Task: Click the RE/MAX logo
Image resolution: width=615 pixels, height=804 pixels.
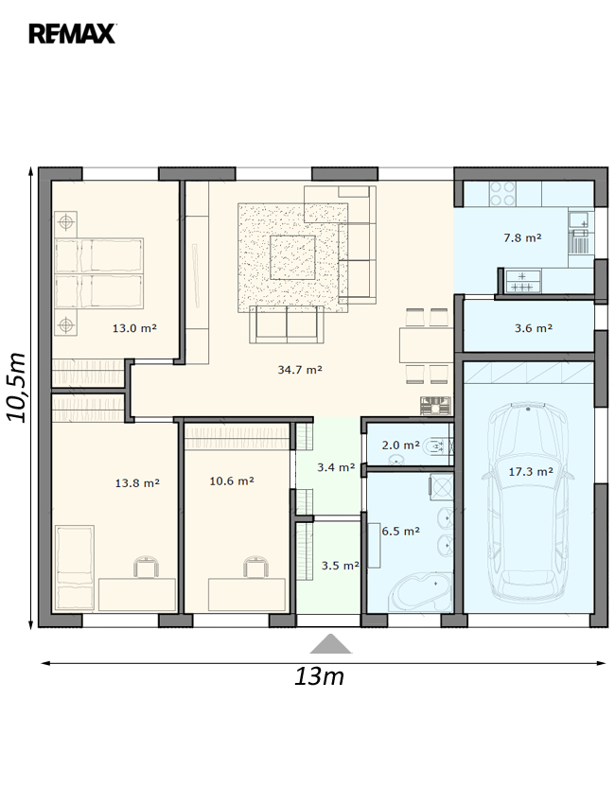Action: (72, 34)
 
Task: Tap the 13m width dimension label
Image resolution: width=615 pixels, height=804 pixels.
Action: (319, 676)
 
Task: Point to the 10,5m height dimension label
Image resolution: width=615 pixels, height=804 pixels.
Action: (16, 387)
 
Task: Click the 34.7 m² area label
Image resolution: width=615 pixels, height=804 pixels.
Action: (300, 369)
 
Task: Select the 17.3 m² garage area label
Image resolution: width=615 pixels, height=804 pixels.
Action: (531, 471)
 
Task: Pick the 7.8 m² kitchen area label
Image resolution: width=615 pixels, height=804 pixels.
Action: (522, 237)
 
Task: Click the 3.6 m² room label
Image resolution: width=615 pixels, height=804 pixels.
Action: (534, 327)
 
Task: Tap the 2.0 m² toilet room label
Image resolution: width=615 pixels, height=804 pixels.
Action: (400, 445)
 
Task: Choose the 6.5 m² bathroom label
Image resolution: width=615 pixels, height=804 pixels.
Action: (400, 531)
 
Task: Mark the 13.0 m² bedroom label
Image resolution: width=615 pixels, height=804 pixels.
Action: (134, 327)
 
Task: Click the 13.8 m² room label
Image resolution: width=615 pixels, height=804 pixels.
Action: (137, 482)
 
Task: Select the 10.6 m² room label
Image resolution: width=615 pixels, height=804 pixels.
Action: (232, 481)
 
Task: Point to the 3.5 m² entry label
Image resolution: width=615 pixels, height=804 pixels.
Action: (340, 566)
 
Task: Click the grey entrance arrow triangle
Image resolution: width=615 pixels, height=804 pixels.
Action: (331, 644)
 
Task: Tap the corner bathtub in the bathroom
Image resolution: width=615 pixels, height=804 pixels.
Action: (419, 592)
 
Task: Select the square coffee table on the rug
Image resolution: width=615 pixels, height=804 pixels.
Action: (293, 257)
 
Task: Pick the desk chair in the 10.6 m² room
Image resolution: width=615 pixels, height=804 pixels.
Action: (255, 568)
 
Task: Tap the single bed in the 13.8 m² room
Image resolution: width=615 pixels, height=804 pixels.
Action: (75, 568)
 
